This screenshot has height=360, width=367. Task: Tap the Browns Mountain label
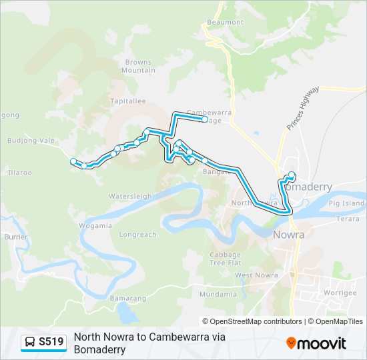[x=139, y=66]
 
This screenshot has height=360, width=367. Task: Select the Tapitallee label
[x=128, y=101]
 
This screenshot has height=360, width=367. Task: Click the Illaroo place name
[x=19, y=172]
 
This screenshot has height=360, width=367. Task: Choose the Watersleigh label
[x=130, y=197]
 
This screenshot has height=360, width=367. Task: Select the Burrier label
[x=15, y=237]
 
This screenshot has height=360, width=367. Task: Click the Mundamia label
[x=218, y=294]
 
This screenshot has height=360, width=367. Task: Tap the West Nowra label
[x=252, y=275]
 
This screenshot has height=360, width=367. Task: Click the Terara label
[x=348, y=218]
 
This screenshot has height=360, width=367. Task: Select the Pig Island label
[x=348, y=203]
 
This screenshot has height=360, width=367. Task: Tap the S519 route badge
[x=44, y=342]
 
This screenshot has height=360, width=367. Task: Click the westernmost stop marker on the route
[x=73, y=161]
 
